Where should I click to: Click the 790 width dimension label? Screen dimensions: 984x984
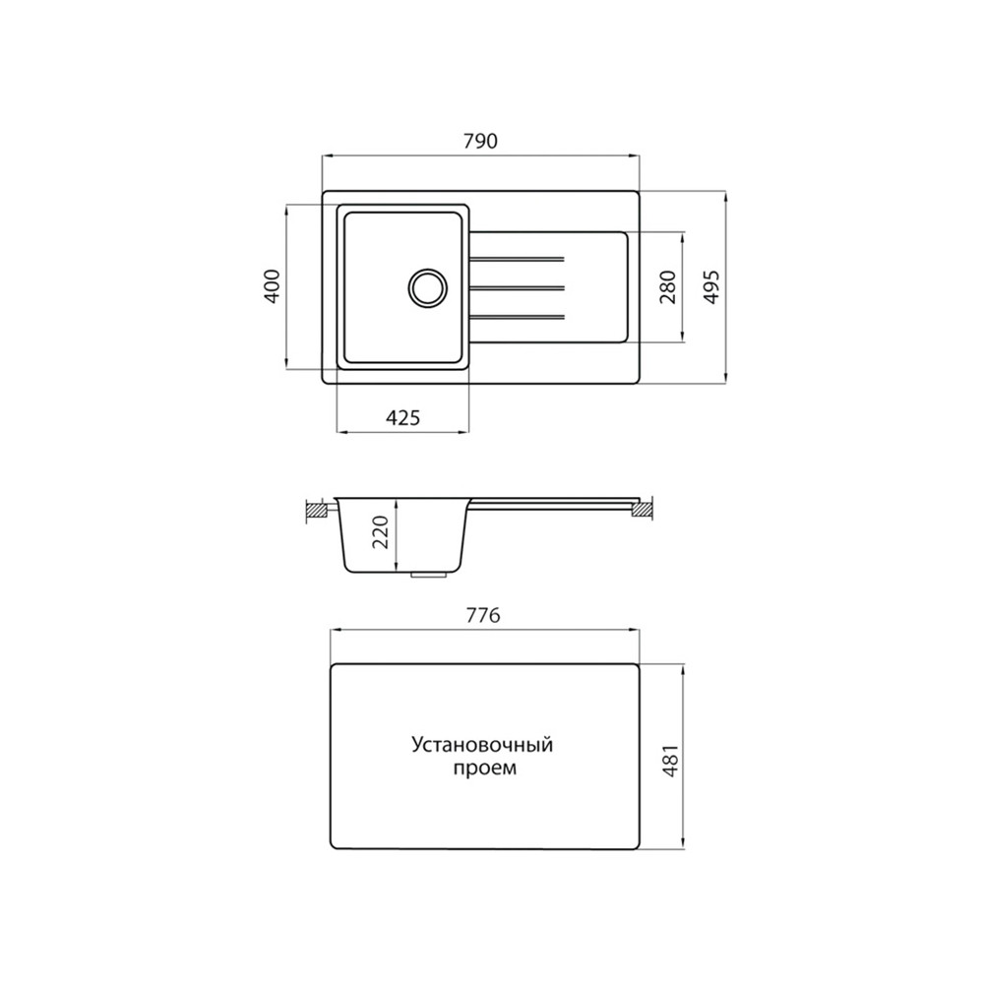coord(481,141)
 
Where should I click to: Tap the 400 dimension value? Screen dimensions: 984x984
coord(273,286)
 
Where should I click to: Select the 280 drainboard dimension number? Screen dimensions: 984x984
coord(668,286)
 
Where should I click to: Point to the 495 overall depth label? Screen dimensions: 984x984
coord(710,286)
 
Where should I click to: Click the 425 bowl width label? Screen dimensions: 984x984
coord(402,417)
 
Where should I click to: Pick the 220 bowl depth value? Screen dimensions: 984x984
coord(382,531)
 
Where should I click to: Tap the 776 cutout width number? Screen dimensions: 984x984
coord(484,616)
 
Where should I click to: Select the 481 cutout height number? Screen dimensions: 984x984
coord(670,762)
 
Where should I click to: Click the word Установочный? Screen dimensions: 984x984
coord(482,745)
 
